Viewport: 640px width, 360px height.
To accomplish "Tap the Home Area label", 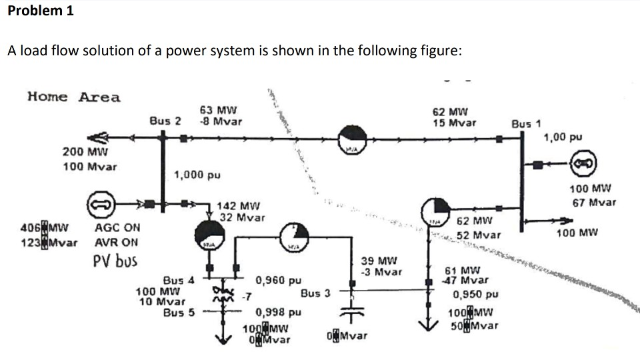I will click(74, 97).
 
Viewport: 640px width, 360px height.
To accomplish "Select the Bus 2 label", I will click(165, 121).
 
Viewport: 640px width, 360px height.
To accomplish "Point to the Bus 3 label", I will click(315, 293).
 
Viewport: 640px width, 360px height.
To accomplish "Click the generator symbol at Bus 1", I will click(579, 162).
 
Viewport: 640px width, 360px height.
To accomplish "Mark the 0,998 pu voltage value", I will click(279, 312).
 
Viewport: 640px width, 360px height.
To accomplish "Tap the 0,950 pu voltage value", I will click(475, 294).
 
